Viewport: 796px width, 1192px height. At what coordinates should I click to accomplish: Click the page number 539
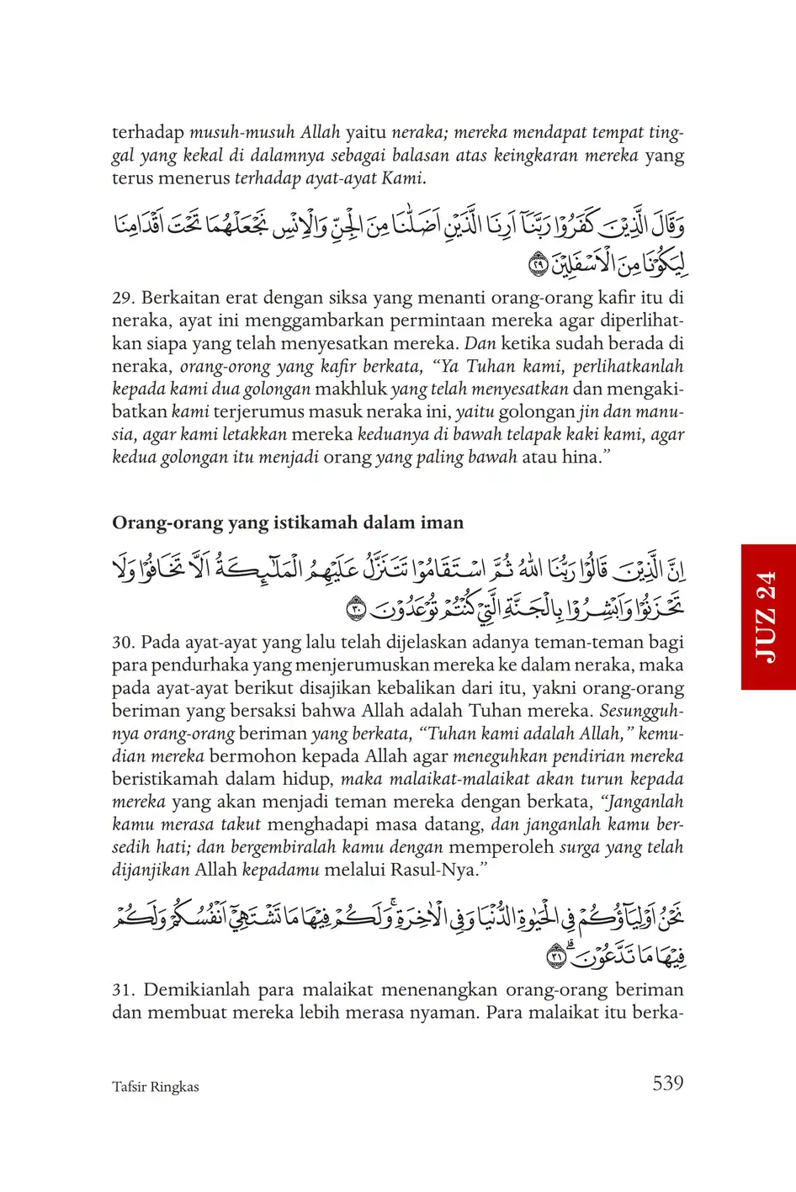click(x=667, y=1083)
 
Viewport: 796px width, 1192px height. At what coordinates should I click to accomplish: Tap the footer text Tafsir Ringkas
click(x=156, y=1087)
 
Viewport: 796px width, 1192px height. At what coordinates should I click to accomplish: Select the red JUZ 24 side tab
click(x=767, y=617)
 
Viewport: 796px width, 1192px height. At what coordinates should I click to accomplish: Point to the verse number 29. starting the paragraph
click(x=124, y=298)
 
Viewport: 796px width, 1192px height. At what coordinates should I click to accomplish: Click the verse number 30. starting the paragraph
click(x=124, y=643)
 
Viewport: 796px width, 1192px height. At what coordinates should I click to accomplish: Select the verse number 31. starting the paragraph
click(x=124, y=990)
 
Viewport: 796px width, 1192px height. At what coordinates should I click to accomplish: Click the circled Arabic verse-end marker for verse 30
click(x=356, y=607)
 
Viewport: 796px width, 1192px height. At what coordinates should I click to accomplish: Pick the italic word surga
click(x=579, y=847)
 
